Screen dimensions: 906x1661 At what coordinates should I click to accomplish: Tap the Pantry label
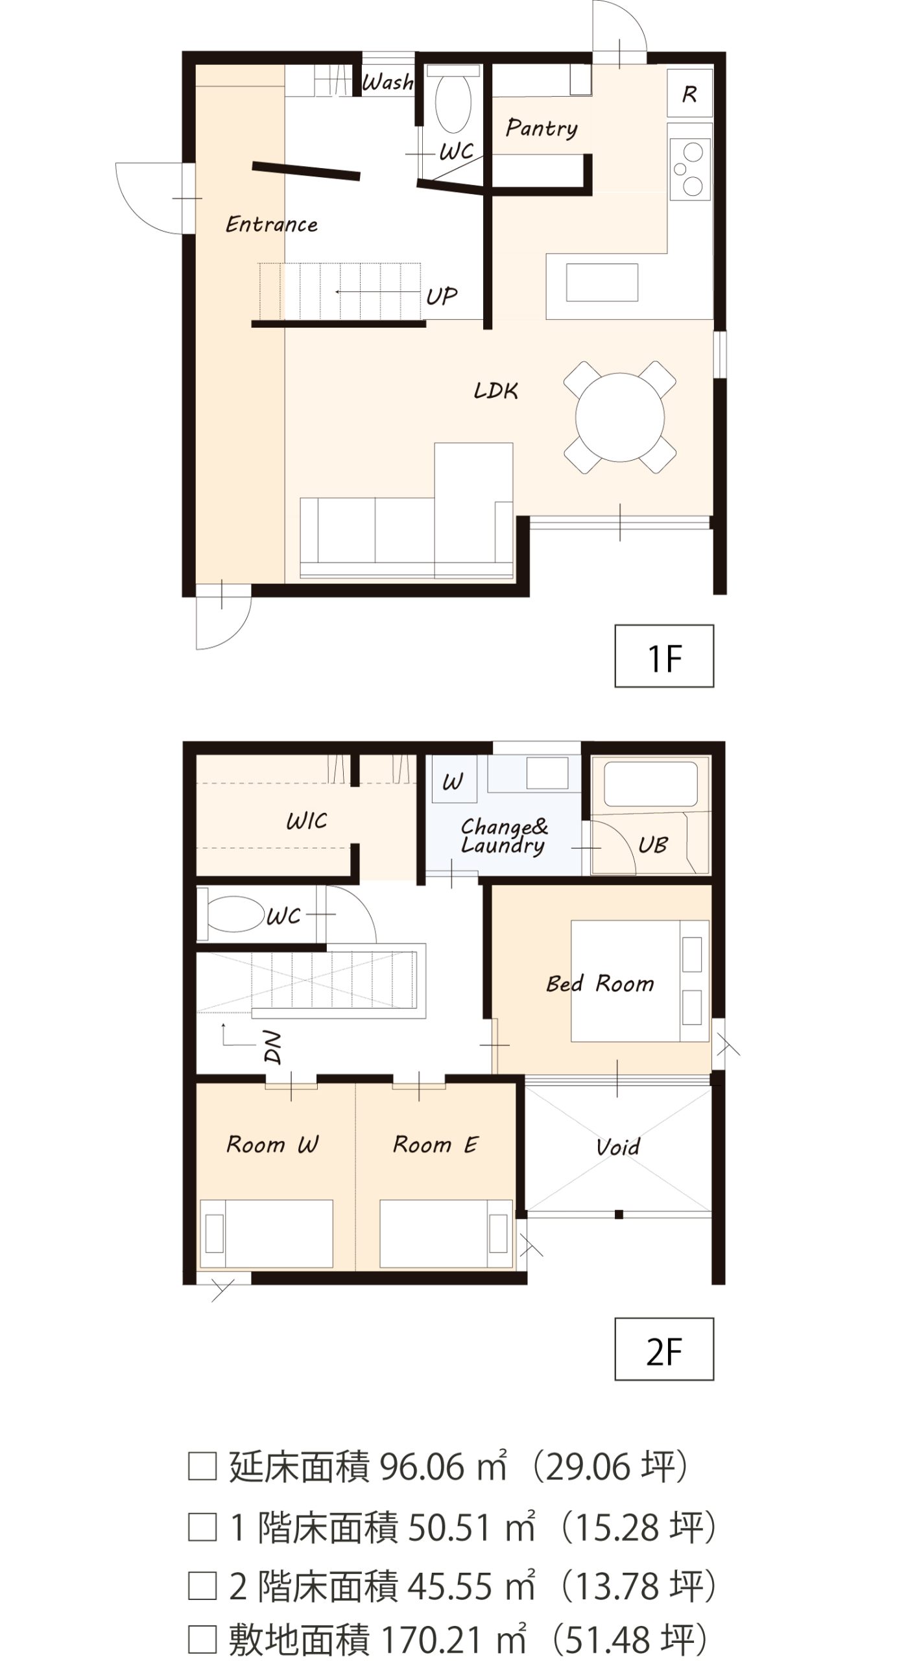[542, 128]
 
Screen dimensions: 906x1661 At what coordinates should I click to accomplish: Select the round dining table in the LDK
[620, 417]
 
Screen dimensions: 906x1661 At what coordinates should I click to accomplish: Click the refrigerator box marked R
[689, 93]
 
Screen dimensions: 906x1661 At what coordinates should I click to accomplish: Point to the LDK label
[496, 390]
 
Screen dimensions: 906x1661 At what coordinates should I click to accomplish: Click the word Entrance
[272, 224]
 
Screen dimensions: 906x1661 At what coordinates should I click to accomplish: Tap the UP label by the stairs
[442, 297]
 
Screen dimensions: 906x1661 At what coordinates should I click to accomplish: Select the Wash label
[387, 82]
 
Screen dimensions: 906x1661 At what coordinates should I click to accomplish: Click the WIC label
[307, 821]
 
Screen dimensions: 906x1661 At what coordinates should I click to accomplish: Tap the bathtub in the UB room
[650, 784]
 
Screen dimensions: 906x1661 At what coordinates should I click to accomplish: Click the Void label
[618, 1147]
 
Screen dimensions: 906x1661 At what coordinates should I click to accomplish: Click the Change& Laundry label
[504, 836]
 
